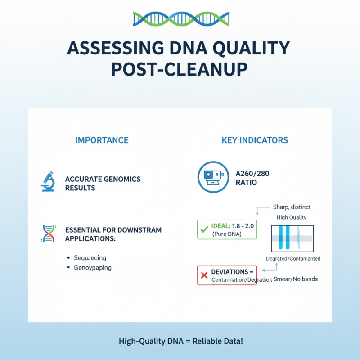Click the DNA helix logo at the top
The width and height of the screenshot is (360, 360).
point(180,18)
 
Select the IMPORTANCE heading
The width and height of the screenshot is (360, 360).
point(102,140)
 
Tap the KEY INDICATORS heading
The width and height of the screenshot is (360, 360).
point(255,140)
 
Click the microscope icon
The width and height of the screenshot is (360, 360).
point(48,183)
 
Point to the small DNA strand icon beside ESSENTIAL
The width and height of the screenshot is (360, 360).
point(48,234)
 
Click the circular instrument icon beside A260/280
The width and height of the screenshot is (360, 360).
point(211,178)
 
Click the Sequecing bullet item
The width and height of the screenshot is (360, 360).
point(90,258)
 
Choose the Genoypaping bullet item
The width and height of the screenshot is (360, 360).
point(93,268)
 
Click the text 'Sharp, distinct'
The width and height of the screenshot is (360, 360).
point(292,207)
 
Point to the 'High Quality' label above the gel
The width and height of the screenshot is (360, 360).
point(292,217)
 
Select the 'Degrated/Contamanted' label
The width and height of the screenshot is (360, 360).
point(293,259)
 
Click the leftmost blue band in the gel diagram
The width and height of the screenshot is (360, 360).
point(279,238)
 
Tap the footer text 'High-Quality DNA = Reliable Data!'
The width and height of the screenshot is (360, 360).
point(180,341)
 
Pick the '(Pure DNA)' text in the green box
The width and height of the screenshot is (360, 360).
point(227,234)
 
